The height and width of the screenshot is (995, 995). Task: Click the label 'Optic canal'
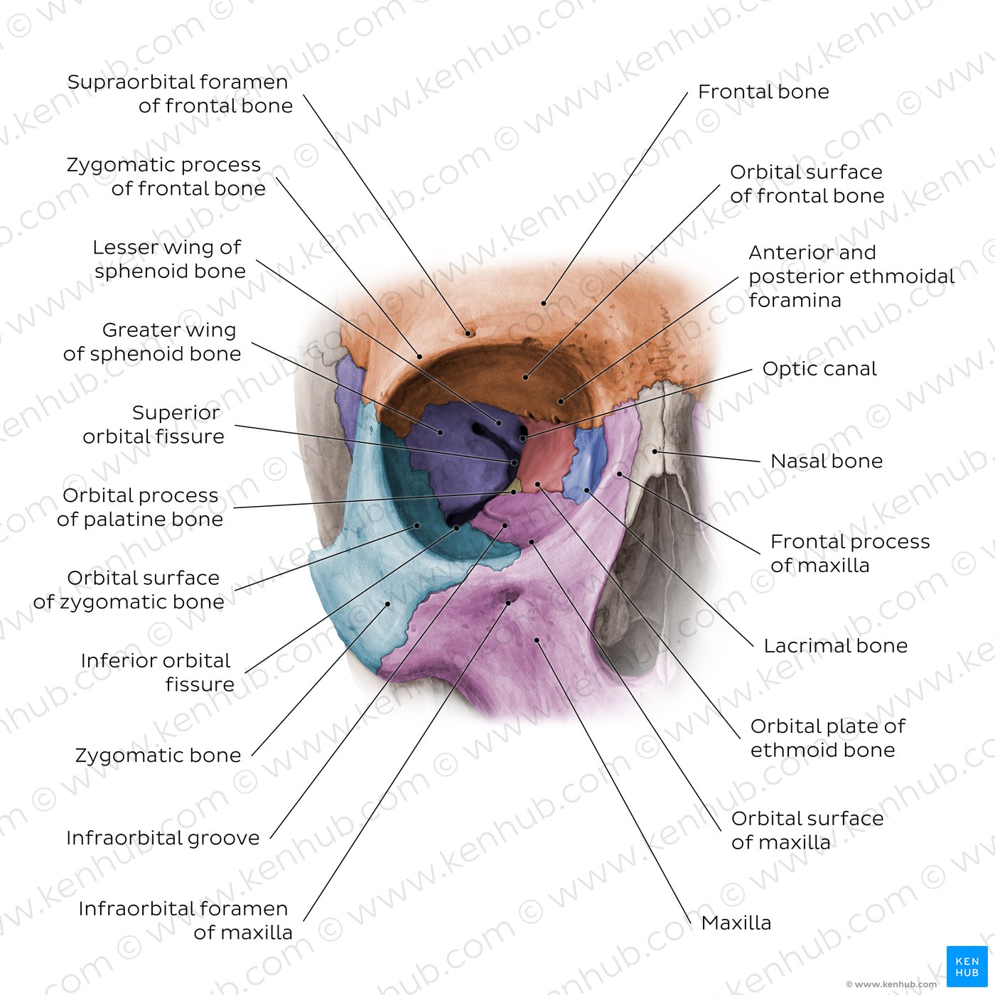(x=819, y=369)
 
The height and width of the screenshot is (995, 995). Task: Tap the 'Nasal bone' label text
(x=826, y=461)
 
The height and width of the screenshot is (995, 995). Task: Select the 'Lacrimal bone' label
(x=836, y=645)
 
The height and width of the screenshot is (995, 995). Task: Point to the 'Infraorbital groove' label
(x=163, y=837)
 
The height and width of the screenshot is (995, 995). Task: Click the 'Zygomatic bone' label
(x=158, y=755)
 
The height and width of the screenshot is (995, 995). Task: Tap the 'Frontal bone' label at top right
(x=763, y=92)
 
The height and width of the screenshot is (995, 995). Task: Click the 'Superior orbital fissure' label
(x=154, y=424)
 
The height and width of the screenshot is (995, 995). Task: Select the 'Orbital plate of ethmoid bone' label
(x=828, y=738)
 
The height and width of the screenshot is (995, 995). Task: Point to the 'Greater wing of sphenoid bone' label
(x=152, y=341)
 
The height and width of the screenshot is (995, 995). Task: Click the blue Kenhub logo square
(x=967, y=967)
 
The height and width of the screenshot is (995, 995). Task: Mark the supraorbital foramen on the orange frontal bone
(x=469, y=333)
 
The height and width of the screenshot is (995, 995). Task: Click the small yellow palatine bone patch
(x=515, y=486)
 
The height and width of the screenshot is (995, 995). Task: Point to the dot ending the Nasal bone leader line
(x=655, y=451)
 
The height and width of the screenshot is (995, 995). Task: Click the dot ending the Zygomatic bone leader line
(x=388, y=603)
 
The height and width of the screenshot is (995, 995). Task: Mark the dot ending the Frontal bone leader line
(x=544, y=303)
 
